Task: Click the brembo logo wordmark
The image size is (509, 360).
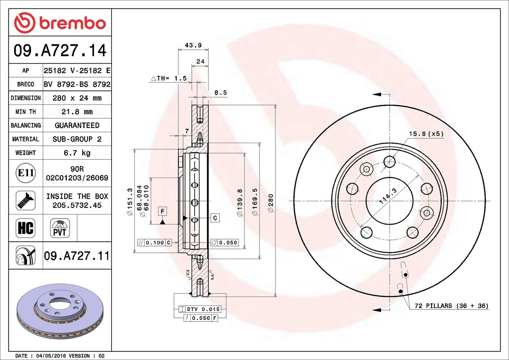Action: pos(73,23)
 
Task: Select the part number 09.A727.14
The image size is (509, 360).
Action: pos(60,50)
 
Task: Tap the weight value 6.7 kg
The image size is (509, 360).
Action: pos(77,153)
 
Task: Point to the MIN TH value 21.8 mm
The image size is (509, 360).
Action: pos(77,112)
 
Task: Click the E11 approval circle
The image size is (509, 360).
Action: pos(26,173)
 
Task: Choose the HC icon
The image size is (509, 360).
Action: pos(26,228)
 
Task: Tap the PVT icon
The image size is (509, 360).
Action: pos(60,228)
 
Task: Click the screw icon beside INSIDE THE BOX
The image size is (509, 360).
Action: pos(26,201)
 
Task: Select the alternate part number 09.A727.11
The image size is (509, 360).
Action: pos(77,256)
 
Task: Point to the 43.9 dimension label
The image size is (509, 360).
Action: pos(193,45)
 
